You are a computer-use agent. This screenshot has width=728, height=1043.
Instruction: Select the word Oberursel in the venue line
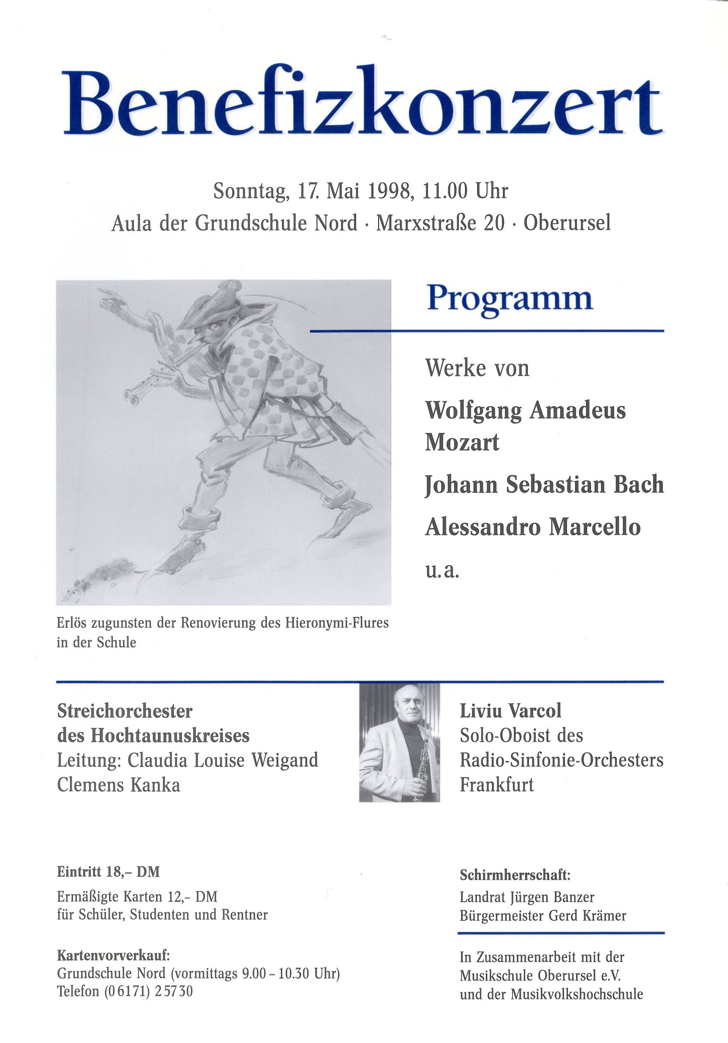[x=567, y=224]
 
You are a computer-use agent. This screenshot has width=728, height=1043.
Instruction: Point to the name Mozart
[x=461, y=443]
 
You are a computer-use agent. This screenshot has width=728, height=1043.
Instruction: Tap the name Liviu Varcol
[x=510, y=711]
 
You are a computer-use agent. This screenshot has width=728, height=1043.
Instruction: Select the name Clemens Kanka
[x=119, y=785]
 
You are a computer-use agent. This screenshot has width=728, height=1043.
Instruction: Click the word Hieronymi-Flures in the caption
[x=337, y=623]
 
